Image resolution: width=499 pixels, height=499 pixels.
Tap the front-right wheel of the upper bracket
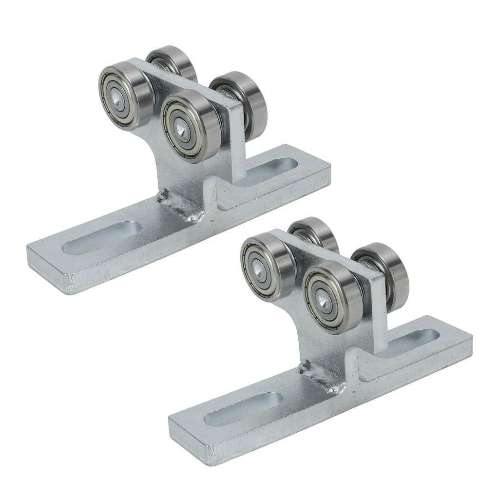click(x=185, y=124)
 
